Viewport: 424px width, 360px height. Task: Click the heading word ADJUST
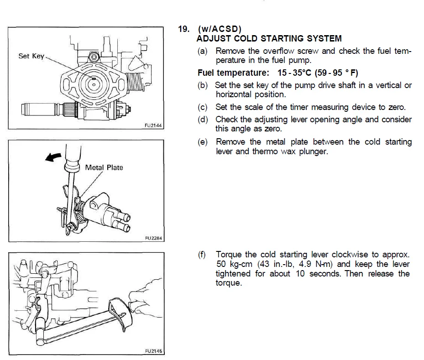click(214, 39)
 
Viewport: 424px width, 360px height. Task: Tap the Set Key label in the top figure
click(31, 56)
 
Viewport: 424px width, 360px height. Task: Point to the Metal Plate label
click(104, 167)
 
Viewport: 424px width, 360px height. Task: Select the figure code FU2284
click(153, 238)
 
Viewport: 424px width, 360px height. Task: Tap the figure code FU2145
click(153, 351)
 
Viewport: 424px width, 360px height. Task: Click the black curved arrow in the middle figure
click(54, 157)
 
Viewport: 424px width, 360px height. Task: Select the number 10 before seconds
click(299, 274)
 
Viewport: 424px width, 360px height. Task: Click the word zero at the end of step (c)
click(396, 108)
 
